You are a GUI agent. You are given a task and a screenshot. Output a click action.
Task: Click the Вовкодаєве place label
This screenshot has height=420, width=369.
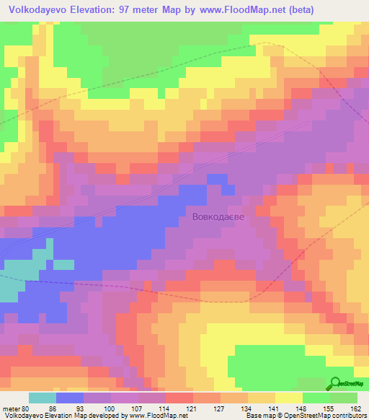(x=223, y=216)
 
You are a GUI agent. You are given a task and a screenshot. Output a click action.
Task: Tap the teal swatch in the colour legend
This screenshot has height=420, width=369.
(x=42, y=398)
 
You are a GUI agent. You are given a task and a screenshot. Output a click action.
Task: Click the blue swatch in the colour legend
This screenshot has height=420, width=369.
(x=69, y=398)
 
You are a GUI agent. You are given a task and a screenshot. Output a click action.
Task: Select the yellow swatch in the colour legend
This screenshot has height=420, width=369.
(x=288, y=398)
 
